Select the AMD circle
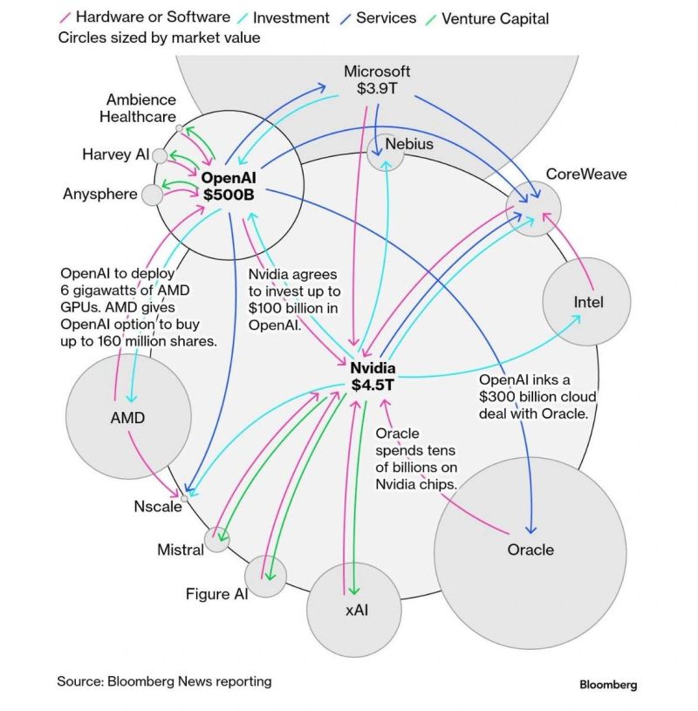point(127,417)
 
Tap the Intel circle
point(587,302)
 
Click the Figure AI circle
point(265,576)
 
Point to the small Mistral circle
point(216,540)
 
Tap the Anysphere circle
point(153,194)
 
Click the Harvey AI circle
point(160,155)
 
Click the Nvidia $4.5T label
point(373,375)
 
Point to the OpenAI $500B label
point(228,186)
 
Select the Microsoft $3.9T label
point(377,79)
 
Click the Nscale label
point(157,507)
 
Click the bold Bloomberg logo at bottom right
point(608,685)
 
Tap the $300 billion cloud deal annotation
point(537,397)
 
